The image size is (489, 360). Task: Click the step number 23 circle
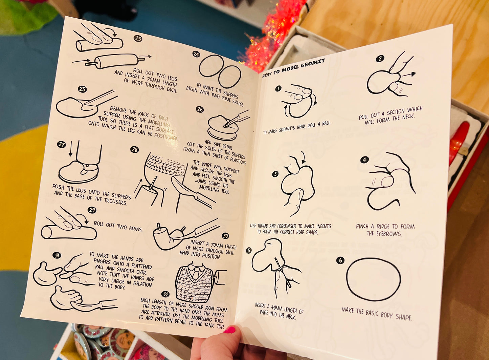pyautogui.click(x=138, y=39)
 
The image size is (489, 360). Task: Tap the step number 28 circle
pyautogui.click(x=134, y=150)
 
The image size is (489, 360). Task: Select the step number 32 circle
pyautogui.click(x=165, y=294)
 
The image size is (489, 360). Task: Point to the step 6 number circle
pyautogui.click(x=340, y=260)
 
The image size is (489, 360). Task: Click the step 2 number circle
pyautogui.click(x=380, y=59)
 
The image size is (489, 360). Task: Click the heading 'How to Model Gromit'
pyautogui.click(x=293, y=68)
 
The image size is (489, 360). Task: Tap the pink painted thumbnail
pyautogui.click(x=229, y=330)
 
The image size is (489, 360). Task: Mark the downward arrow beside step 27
pyautogui.click(x=70, y=149)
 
